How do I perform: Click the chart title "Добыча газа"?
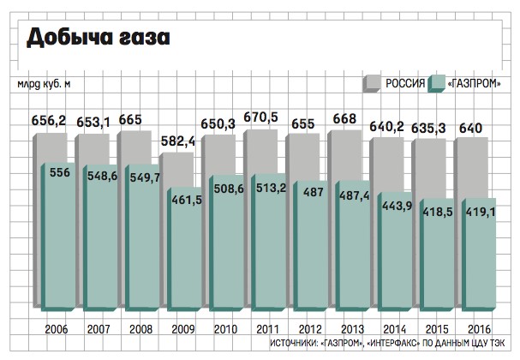(x=98, y=38)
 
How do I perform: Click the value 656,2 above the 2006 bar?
(x=50, y=123)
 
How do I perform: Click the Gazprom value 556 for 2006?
(x=60, y=173)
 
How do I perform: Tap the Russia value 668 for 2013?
(x=344, y=117)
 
